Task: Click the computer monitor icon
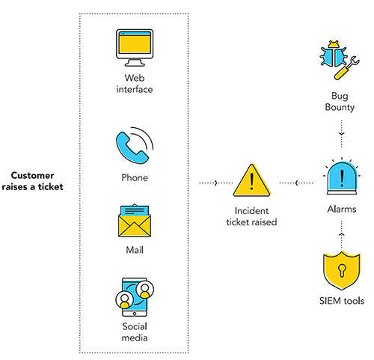pyautogui.click(x=135, y=49)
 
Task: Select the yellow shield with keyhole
pyautogui.click(x=341, y=271)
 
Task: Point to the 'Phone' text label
pyautogui.click(x=135, y=178)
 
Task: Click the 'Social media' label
pyautogui.click(x=135, y=332)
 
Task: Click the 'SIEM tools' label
pyautogui.click(x=341, y=302)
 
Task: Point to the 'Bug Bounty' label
pyautogui.click(x=341, y=103)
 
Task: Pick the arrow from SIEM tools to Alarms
pyautogui.click(x=341, y=237)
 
